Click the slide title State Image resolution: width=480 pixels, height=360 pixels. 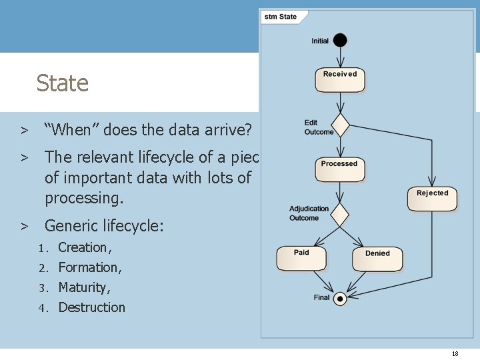(62, 83)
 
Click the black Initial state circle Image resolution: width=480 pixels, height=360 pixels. (340, 40)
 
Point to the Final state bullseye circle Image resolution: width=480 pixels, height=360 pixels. (340, 298)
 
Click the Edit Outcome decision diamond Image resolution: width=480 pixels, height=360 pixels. (341, 125)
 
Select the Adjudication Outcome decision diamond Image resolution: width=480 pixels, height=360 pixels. (340, 215)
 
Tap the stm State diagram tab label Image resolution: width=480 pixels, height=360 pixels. (281, 17)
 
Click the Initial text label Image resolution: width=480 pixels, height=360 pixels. (320, 41)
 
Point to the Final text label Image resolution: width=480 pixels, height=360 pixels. (321, 297)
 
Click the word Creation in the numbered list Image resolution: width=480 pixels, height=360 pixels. (83, 247)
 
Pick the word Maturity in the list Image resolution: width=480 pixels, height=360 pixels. (83, 287)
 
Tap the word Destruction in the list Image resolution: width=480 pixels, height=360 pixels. (91, 307)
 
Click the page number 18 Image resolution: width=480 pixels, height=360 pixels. (455, 353)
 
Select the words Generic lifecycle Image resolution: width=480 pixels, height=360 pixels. (103, 226)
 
